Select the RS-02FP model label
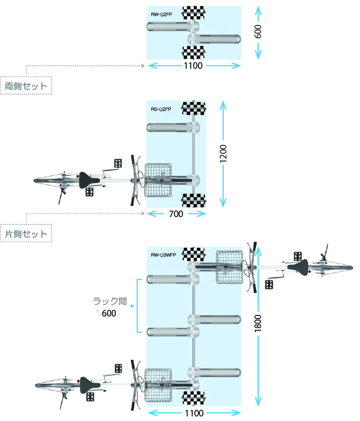(x=161, y=109)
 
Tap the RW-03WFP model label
(x=163, y=256)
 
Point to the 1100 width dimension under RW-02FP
(x=193, y=66)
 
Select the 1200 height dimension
(x=223, y=153)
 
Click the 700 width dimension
(x=176, y=214)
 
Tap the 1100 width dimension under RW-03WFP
(x=194, y=412)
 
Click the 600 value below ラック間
(x=109, y=313)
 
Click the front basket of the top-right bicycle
(x=230, y=266)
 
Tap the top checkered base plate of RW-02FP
(x=194, y=11)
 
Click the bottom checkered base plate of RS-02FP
(x=194, y=199)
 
